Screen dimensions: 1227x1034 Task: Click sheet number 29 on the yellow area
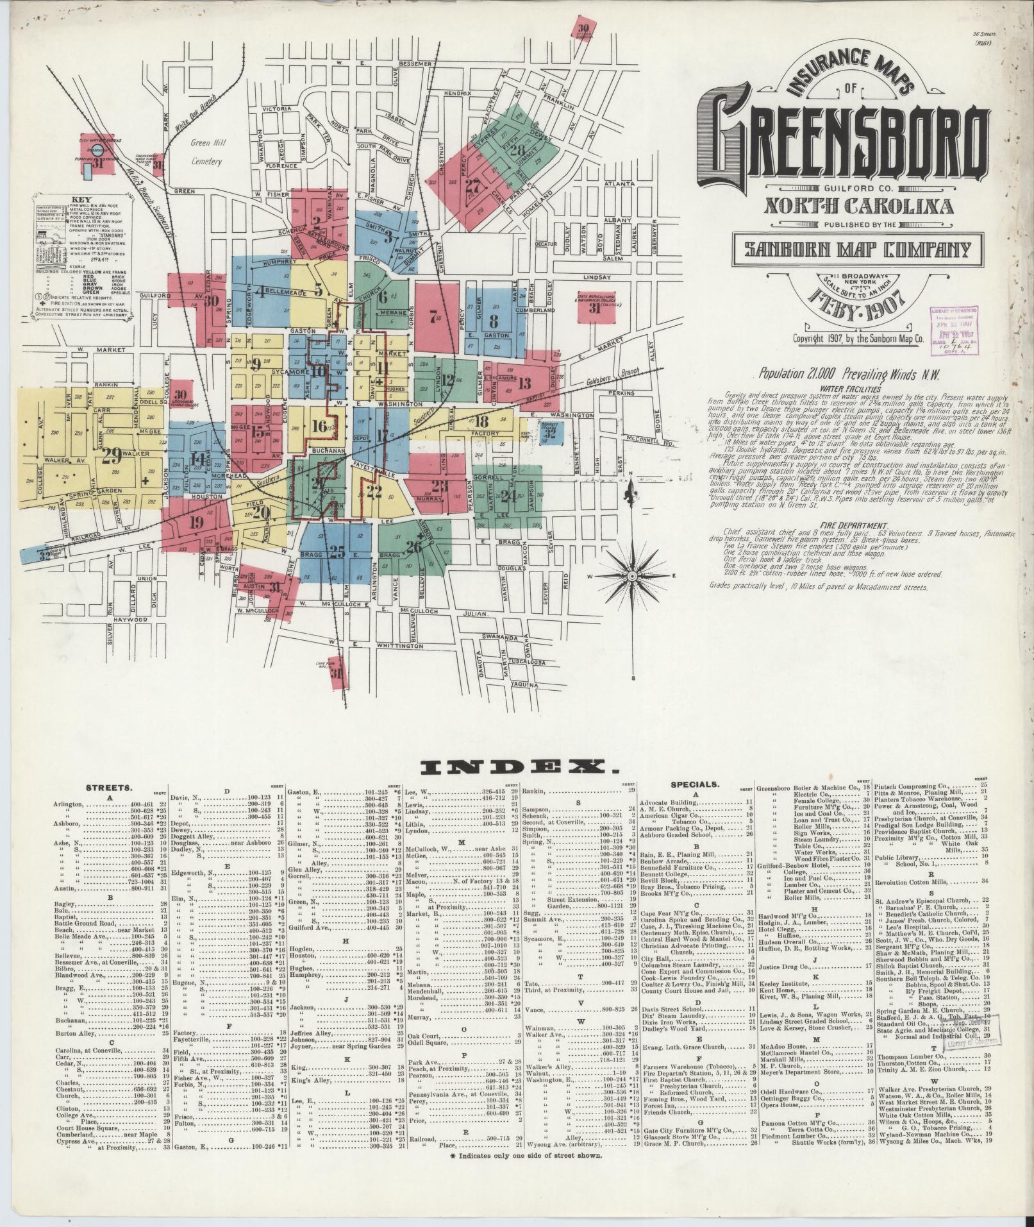point(112,457)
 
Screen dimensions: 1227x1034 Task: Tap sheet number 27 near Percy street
point(473,187)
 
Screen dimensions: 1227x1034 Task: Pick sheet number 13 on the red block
point(525,384)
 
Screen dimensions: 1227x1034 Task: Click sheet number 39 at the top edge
point(583,28)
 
